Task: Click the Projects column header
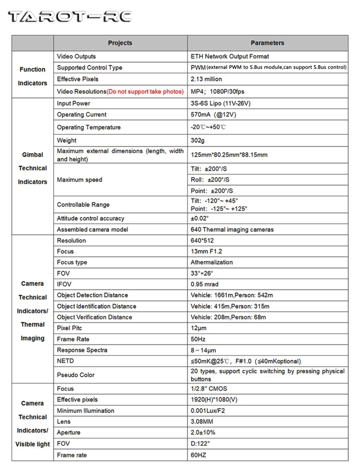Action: click(120, 43)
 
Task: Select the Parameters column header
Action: click(267, 43)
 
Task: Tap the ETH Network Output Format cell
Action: click(229, 56)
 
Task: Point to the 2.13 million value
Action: click(206, 79)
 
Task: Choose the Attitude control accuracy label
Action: click(90, 218)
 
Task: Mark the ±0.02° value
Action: click(199, 218)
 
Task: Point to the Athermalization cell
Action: click(211, 262)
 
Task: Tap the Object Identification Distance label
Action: click(96, 306)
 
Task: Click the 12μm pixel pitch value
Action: click(199, 328)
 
